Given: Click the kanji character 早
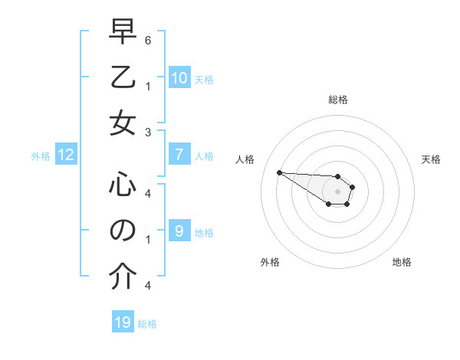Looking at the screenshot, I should [123, 33].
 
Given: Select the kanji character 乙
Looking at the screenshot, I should [123, 78].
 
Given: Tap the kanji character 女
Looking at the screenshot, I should [123, 123].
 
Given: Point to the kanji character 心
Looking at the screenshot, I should [123, 185].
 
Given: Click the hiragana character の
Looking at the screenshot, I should [123, 231].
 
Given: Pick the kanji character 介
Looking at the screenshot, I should [123, 277].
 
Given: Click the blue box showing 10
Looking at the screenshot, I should [179, 78].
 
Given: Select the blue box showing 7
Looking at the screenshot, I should [179, 155].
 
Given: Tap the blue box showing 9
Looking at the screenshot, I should [179, 231].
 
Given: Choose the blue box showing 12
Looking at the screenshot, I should [66, 155].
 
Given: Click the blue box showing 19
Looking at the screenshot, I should [123, 322].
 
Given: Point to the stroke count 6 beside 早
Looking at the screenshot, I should [147, 40].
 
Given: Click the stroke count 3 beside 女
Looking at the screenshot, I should [147, 132].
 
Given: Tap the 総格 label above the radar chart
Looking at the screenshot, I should [337, 100].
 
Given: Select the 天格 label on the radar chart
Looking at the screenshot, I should [431, 159].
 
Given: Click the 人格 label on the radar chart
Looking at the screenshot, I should [245, 159].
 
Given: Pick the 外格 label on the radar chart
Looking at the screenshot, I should [270, 262].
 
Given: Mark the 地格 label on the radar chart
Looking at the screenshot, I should [402, 262].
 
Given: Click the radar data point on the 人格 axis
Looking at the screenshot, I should [279, 172].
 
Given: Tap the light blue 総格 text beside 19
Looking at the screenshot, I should [147, 324].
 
